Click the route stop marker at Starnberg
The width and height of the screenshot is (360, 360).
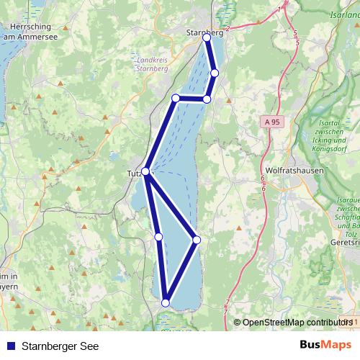click(207, 37)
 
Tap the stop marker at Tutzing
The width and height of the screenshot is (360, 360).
click(145, 171)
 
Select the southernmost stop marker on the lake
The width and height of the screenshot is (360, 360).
click(166, 303)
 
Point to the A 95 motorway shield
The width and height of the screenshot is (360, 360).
click(271, 122)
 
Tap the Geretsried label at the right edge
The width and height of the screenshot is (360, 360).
click(343, 244)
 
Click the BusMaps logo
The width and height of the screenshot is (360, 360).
click(325, 345)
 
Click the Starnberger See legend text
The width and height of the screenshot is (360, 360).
click(60, 346)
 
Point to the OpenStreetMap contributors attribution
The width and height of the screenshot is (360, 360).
click(292, 323)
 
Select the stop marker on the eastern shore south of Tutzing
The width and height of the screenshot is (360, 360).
click(197, 239)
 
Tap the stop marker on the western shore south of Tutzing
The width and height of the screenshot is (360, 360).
click(158, 236)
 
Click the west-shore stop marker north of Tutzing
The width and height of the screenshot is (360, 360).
click(175, 98)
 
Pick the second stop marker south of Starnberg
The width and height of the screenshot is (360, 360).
click(207, 99)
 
